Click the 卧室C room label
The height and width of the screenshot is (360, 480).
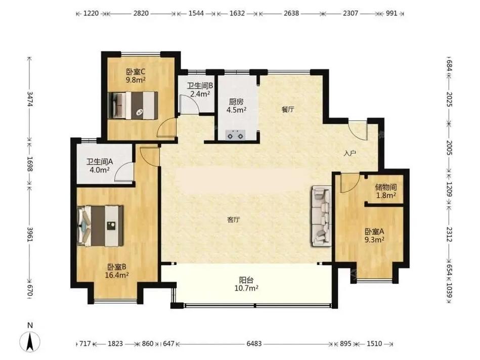pyautogui.click(x=136, y=72)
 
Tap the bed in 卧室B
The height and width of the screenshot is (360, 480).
pyautogui.click(x=101, y=226)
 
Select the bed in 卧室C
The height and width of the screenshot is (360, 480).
pyautogui.click(x=133, y=105)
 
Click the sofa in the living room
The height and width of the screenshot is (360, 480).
pyautogui.click(x=321, y=216)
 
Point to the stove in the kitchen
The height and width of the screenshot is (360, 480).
pyautogui.click(x=235, y=134)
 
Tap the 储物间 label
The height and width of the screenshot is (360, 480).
pyautogui.click(x=386, y=187)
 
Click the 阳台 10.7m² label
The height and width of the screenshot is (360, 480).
pyautogui.click(x=246, y=284)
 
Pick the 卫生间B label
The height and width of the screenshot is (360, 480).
pyautogui.click(x=200, y=86)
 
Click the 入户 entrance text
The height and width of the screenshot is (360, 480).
pyautogui.click(x=350, y=153)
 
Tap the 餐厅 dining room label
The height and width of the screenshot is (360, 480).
pyautogui.click(x=288, y=109)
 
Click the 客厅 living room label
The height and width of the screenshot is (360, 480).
pyautogui.click(x=233, y=219)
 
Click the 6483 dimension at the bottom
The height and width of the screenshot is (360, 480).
pyautogui.click(x=254, y=344)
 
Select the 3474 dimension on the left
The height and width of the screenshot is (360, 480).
pyautogui.click(x=30, y=99)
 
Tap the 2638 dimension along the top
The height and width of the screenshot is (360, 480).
pyautogui.click(x=291, y=13)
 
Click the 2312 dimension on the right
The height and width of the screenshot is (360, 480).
pyautogui.click(x=449, y=234)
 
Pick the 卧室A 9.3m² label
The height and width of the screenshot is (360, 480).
pyautogui.click(x=374, y=236)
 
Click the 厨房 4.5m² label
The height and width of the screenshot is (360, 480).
pyautogui.click(x=236, y=106)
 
